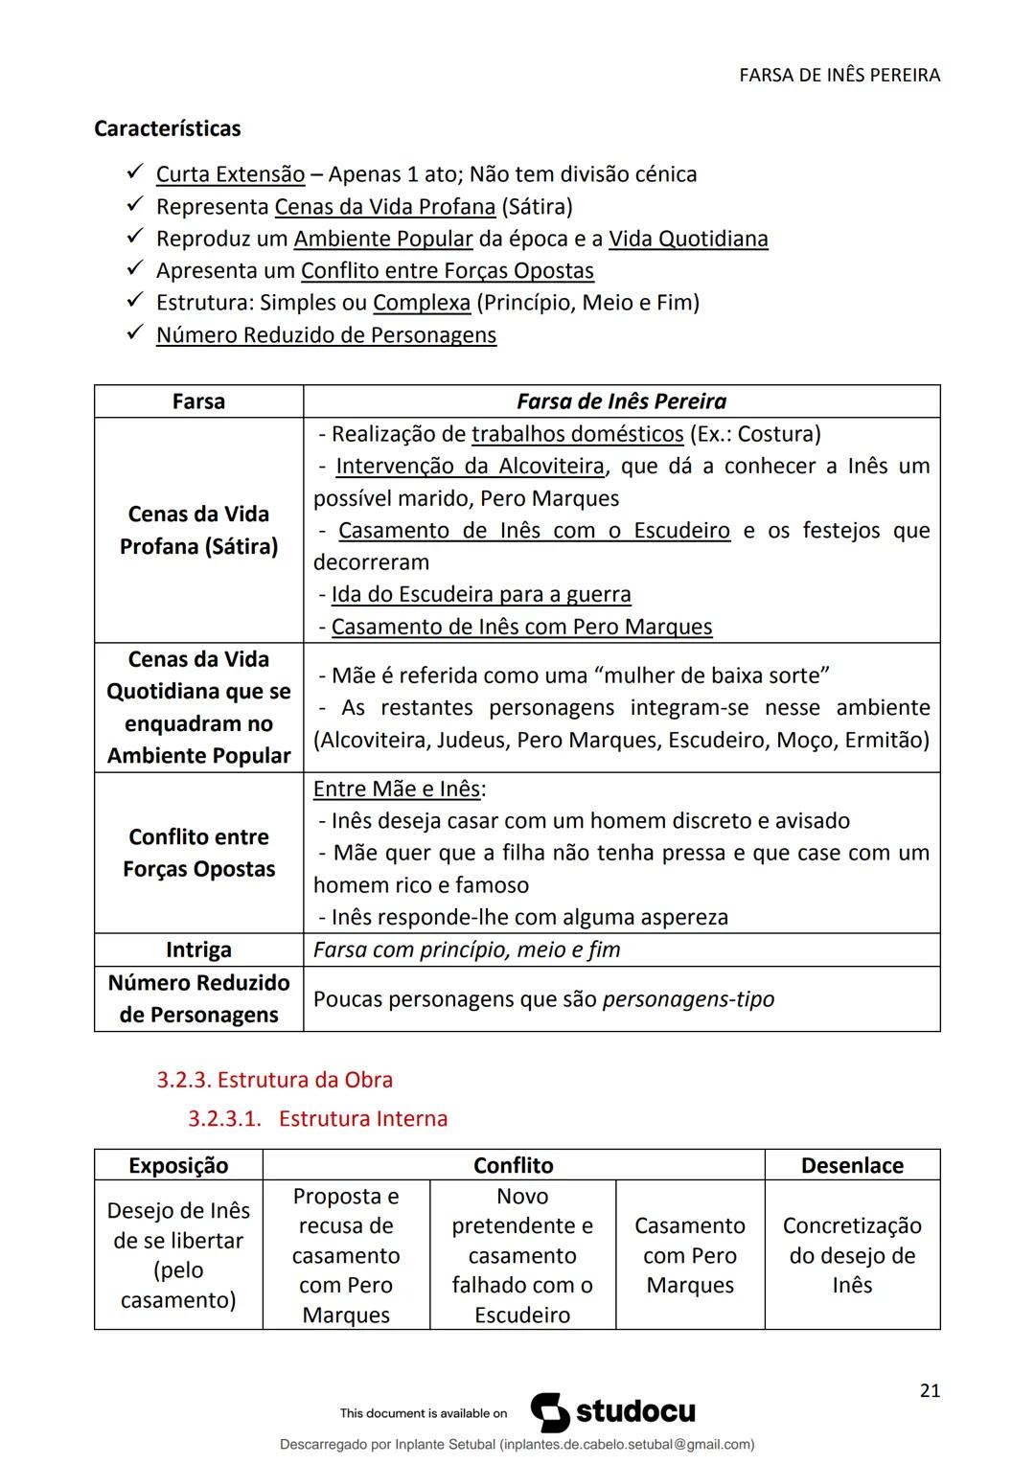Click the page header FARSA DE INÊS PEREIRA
839,75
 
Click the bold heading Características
167,128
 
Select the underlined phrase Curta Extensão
230,174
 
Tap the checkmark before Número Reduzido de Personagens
134,333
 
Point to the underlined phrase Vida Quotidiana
688,239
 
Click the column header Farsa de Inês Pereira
621,401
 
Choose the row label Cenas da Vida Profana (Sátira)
198,530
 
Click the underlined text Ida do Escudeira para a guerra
480,594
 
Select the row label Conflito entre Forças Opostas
198,853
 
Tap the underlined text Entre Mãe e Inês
397,789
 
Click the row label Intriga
198,949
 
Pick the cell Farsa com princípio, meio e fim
467,949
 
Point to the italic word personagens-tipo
688,999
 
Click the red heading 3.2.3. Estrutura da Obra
274,1080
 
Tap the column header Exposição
178,1165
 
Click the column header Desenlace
852,1165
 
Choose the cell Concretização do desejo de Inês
852,1254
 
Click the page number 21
929,1391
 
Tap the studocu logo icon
550,1412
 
